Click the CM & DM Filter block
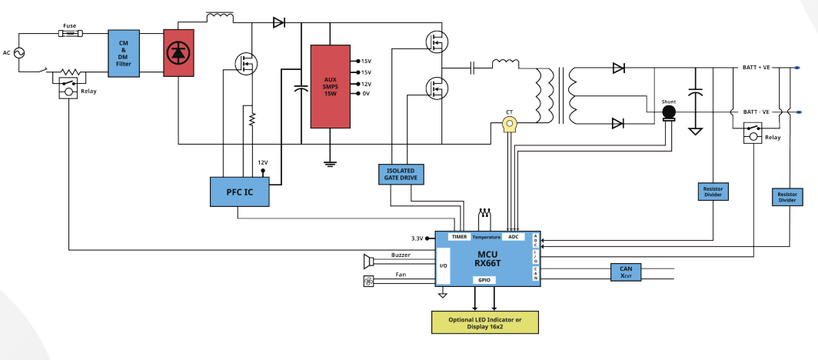coord(124,53)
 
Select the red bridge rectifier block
coord(178,53)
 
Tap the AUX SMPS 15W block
coord(331,86)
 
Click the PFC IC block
coord(240,192)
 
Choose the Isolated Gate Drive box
coord(401,175)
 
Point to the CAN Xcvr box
coord(626,272)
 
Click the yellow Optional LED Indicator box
coord(484,322)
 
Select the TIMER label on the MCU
coord(459,237)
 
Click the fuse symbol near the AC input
coord(70,33)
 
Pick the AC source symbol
coord(20,53)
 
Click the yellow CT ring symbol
coord(509,124)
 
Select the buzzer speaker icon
coord(369,260)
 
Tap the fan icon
coord(368,282)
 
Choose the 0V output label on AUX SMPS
coord(366,94)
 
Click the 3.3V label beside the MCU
coord(417,238)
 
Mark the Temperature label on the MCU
coord(486,237)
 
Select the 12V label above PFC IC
coord(263,162)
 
